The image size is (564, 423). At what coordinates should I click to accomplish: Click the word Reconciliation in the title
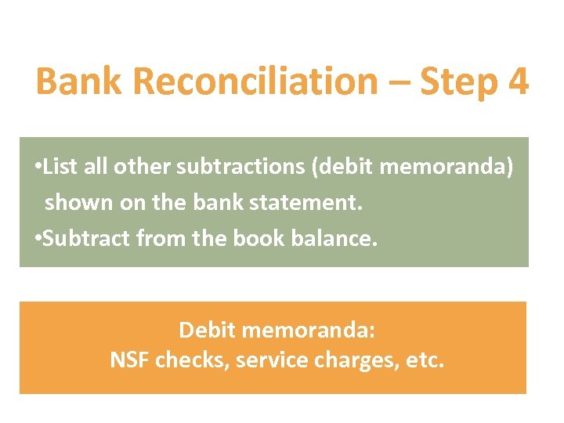[x=246, y=81]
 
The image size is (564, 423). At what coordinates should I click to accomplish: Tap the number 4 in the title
[x=517, y=81]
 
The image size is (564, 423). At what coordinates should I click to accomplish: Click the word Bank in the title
[x=85, y=81]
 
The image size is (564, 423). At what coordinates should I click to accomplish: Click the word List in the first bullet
[x=60, y=167]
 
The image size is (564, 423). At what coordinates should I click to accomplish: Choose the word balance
[x=337, y=237]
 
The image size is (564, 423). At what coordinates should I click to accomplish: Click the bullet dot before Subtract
[x=39, y=238]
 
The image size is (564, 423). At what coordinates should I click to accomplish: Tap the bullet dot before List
[x=39, y=168]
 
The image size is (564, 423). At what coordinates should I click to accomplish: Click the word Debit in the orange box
[x=207, y=330]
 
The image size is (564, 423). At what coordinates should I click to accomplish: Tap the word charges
[x=349, y=361]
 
